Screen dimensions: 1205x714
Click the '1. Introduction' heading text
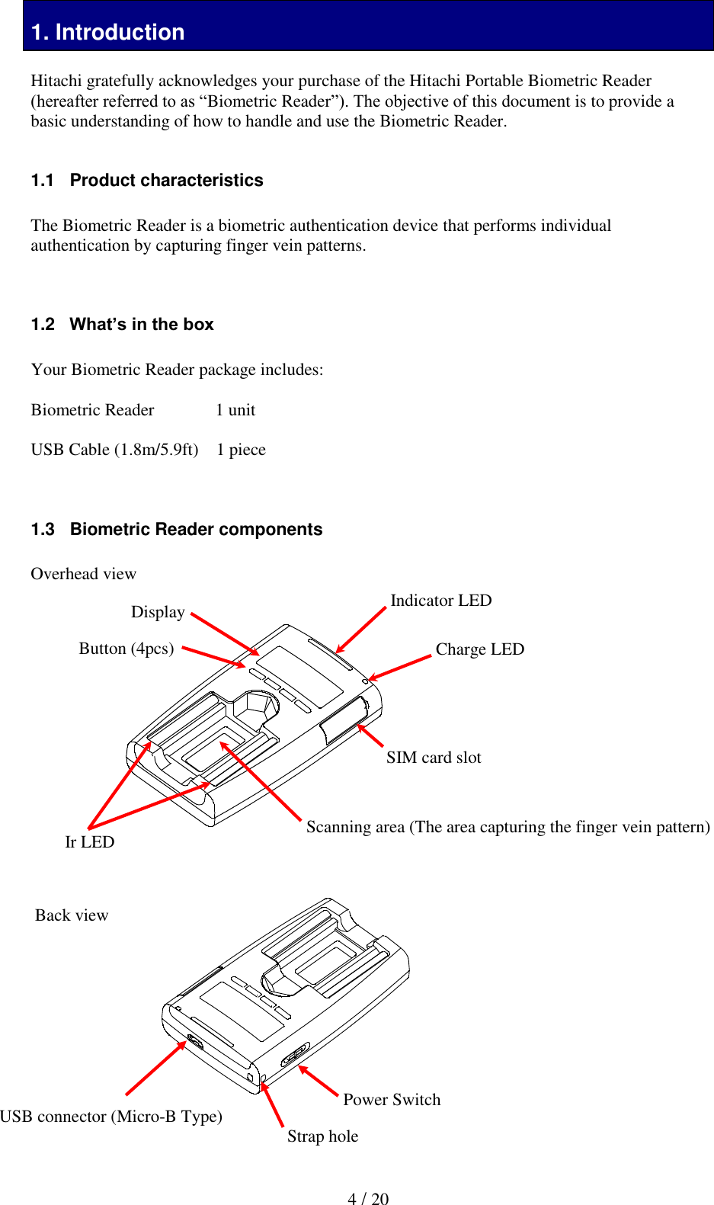pyautogui.click(x=108, y=32)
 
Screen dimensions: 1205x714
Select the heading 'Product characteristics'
pyautogui.click(x=166, y=181)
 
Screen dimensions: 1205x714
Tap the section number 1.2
pyautogui.click(x=43, y=325)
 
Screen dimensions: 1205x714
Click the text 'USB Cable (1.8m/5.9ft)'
pyautogui.click(x=114, y=450)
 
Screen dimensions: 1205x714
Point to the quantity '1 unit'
pyautogui.click(x=235, y=410)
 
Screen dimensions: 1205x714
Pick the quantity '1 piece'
pyautogui.click(x=241, y=450)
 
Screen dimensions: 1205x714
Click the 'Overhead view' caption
pyautogui.click(x=83, y=574)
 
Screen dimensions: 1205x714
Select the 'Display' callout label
pyautogui.click(x=158, y=612)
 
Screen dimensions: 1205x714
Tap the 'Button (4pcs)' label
pyautogui.click(x=126, y=649)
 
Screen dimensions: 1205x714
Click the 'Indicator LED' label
pyautogui.click(x=440, y=601)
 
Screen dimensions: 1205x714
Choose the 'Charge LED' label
pyautogui.click(x=479, y=649)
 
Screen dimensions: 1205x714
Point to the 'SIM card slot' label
pyautogui.click(x=434, y=758)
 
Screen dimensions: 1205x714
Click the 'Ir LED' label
pyautogui.click(x=89, y=842)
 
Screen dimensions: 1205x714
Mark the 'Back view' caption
pyautogui.click(x=72, y=915)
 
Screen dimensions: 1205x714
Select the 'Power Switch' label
pyautogui.click(x=392, y=1100)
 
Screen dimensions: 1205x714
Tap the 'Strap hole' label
pyautogui.click(x=322, y=1136)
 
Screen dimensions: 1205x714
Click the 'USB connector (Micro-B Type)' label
pyautogui.click(x=111, y=1117)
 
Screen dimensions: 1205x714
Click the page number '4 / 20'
pyautogui.click(x=368, y=1199)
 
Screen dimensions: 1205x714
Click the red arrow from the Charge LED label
pyautogui.click(x=401, y=667)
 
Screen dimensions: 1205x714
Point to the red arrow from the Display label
pyautogui.click(x=225, y=633)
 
